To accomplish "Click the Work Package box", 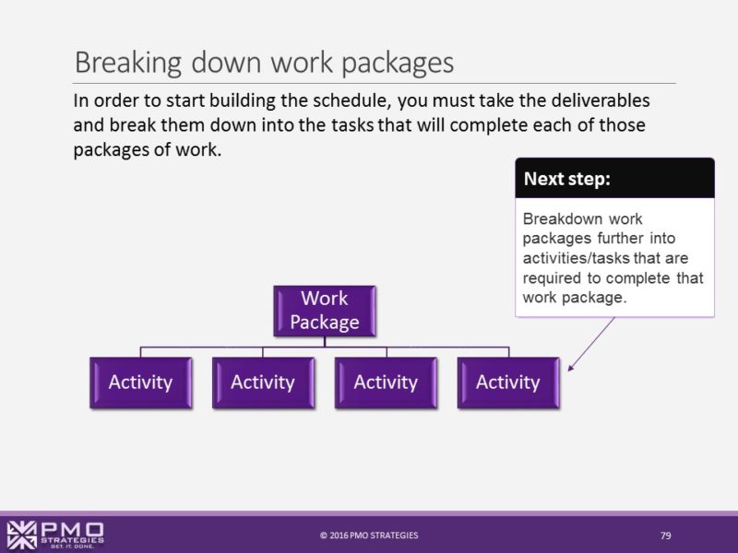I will point(324,311).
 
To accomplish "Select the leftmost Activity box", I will point(140,382).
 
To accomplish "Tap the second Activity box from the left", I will point(263,382).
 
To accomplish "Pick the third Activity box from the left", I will point(386,382).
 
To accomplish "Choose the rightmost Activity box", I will point(507,382).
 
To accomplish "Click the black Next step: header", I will point(614,179).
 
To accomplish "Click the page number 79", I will point(665,535).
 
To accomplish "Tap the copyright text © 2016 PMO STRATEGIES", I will point(369,535).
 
